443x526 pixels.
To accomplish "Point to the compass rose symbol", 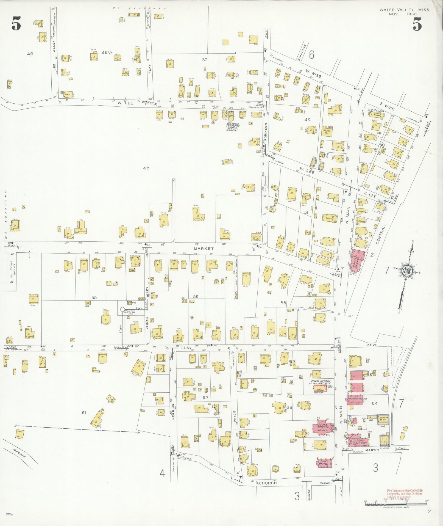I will [x=406, y=271].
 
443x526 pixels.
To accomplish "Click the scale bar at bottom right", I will [x=395, y=504].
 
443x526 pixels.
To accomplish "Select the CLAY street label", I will [x=185, y=348].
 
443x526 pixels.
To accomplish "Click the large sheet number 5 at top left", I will [x=16, y=24].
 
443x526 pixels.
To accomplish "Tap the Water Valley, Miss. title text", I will [x=405, y=10].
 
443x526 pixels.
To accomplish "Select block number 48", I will [x=146, y=168].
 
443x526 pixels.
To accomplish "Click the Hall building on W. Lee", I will [x=68, y=94].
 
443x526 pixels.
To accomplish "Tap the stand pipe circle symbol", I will [x=122, y=309].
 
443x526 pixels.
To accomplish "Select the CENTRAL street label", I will [x=381, y=235].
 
